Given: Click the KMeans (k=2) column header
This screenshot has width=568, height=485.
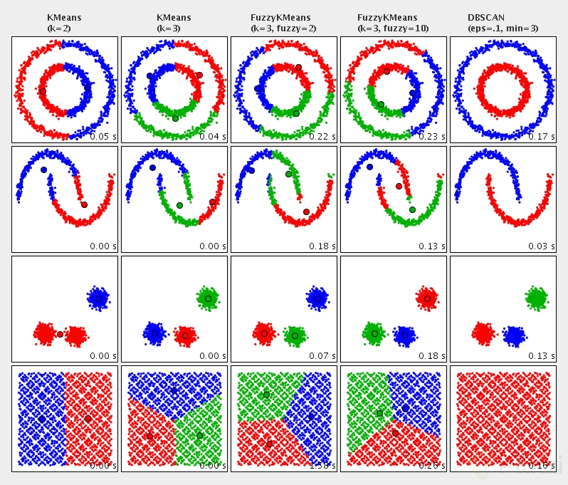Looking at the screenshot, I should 64,23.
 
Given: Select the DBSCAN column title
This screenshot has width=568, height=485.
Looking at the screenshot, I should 503,23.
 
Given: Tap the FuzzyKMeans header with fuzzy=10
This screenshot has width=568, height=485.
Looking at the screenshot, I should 393,23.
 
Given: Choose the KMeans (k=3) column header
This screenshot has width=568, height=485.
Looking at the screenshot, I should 174,23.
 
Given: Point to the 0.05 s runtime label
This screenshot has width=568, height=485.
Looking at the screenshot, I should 103,136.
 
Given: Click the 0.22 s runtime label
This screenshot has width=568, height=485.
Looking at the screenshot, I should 322,136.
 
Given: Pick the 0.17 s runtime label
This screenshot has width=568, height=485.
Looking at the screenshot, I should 542,136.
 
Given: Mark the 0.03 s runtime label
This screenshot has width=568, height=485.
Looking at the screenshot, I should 542,246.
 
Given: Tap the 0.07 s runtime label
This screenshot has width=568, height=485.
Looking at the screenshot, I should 322,355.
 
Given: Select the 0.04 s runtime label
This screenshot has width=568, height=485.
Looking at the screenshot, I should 213,136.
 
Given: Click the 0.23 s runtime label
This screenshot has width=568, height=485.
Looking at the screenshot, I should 432,136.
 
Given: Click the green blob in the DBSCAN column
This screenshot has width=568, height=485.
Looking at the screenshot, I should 537,297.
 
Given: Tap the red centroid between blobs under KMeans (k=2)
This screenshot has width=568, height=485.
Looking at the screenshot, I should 60,334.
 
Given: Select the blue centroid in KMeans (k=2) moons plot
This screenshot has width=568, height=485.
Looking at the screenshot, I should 43,170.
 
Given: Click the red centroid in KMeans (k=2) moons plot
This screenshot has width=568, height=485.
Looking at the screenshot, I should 84,204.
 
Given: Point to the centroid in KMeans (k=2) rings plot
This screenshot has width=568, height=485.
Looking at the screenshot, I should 43,91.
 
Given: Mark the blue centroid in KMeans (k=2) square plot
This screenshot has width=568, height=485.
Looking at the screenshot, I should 42,419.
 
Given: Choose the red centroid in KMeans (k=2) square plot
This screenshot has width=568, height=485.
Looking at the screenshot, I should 88,418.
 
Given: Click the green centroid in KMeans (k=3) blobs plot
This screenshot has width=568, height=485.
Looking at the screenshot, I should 208,298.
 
